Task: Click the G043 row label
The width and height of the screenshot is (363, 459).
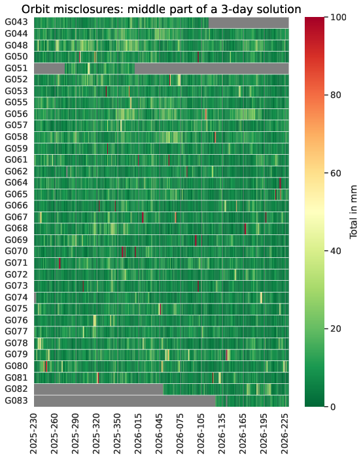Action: [16, 22]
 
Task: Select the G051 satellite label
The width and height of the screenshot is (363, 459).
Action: [16, 68]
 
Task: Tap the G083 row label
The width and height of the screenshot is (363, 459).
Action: [16, 400]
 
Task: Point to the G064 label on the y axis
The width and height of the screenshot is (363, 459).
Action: [16, 183]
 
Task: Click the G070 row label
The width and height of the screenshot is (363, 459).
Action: [16, 251]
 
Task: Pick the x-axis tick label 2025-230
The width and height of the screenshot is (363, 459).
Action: [34, 434]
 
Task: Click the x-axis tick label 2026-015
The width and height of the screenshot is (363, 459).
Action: [138, 434]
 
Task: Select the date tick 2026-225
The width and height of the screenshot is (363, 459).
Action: [284, 434]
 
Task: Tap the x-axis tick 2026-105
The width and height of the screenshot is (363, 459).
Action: [201, 434]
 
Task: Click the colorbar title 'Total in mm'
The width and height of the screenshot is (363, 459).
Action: [354, 212]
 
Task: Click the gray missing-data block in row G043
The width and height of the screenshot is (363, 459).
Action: [249, 23]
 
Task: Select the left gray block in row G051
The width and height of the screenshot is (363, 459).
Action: [49, 69]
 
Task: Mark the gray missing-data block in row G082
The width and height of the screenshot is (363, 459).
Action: [99, 389]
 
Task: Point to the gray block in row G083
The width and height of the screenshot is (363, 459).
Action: [125, 401]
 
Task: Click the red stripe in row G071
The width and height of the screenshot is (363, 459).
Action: [60, 263]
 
